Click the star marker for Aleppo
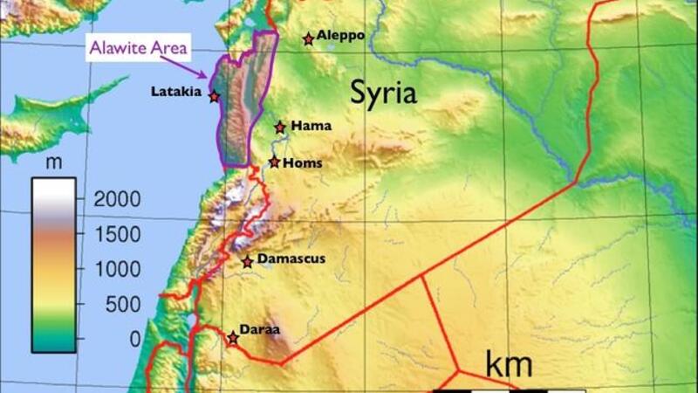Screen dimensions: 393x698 [x=308, y=39]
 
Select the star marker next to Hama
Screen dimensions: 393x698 [x=280, y=128]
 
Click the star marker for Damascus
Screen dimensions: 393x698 [x=248, y=261]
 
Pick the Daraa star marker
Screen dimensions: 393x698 [x=233, y=338]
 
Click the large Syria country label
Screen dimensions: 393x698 [x=384, y=93]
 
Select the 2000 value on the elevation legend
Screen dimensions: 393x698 [x=116, y=199]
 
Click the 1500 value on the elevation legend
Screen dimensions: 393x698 [x=116, y=234]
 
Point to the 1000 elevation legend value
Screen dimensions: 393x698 [x=116, y=269]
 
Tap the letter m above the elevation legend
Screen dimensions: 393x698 [x=53, y=164]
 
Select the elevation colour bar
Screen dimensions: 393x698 [x=53, y=265]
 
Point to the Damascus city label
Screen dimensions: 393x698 [x=291, y=259]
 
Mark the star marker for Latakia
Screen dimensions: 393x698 [x=214, y=97]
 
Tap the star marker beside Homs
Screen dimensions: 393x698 [x=275, y=162]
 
